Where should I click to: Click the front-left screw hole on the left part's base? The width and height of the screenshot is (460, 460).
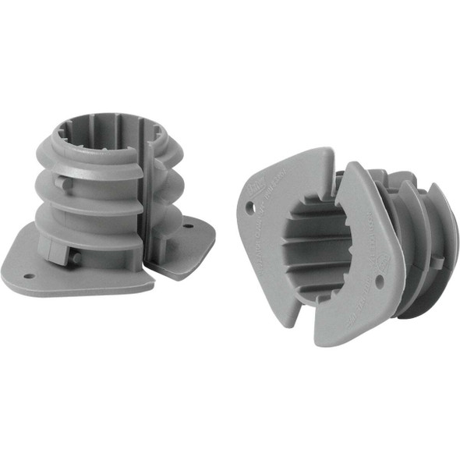coord(29,275)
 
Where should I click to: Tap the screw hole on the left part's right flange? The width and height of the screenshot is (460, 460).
coord(187,228)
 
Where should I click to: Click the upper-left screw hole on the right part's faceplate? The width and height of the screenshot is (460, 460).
coord(250,207)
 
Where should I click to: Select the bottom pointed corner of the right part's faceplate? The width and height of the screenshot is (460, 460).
coord(320,341)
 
